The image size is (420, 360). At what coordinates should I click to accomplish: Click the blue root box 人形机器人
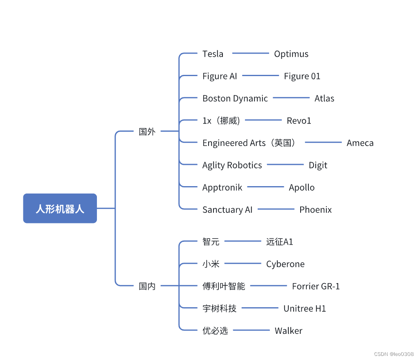coord(60,209)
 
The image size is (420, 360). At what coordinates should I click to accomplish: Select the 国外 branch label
coord(147,132)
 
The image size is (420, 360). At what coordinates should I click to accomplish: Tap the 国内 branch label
coord(147,286)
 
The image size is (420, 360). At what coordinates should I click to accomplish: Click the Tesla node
coord(213,54)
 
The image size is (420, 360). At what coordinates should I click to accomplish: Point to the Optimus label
coord(291,54)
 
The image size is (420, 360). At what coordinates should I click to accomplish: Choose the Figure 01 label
coord(302,76)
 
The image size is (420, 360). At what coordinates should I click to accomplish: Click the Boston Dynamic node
coord(235,99)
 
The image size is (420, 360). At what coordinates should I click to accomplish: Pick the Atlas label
coord(324,99)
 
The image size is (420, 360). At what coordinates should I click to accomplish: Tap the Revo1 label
coord(299,121)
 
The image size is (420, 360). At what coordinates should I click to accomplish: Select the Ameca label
coord(360,143)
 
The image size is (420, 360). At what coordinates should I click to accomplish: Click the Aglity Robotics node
coord(232,165)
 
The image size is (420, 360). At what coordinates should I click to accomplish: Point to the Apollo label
coord(302,187)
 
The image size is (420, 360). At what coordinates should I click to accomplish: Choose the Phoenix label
coord(315,210)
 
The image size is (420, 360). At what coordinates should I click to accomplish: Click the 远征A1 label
coord(280,242)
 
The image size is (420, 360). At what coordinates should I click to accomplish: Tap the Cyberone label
coord(285,264)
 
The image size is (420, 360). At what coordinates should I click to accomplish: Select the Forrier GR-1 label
coord(316,286)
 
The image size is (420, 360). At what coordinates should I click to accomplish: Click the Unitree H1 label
coord(305,308)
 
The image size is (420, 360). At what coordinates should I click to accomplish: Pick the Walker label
coord(288,331)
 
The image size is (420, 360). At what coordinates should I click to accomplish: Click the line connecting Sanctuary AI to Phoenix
coord(276,209)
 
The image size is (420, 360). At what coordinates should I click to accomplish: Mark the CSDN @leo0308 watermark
coord(396,354)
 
